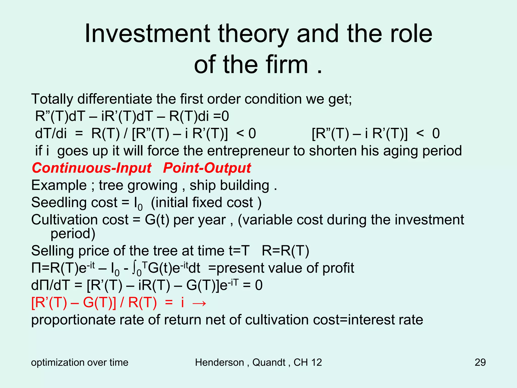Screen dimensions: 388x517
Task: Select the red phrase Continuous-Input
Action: point(92,168)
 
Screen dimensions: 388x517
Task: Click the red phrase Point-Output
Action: point(207,168)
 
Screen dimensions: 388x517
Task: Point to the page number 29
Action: point(480,362)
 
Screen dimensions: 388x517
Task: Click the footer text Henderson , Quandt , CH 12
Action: point(258,362)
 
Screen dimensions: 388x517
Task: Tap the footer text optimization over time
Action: point(80,362)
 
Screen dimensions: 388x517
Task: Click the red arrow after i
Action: point(199,303)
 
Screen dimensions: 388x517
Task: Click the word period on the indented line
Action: point(73,234)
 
